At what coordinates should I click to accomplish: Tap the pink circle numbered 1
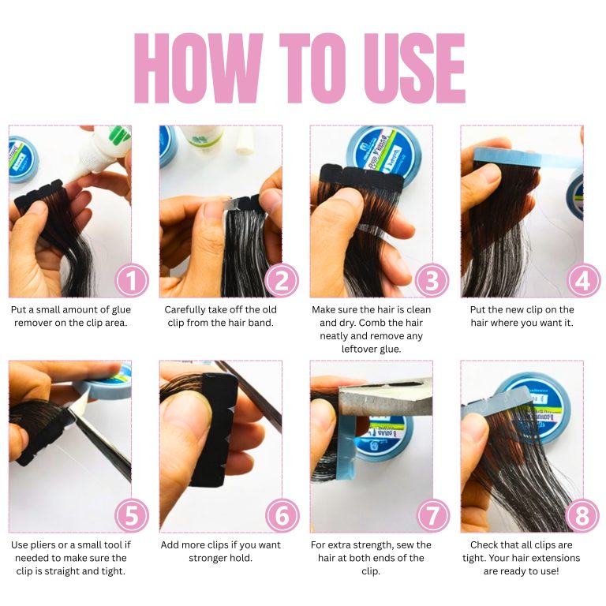tap(132, 281)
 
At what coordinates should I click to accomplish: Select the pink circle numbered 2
tap(282, 281)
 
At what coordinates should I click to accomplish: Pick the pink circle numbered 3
tap(432, 281)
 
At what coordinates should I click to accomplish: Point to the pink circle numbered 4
tap(583, 281)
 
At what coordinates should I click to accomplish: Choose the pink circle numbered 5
tap(132, 515)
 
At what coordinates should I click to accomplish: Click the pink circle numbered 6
tap(282, 515)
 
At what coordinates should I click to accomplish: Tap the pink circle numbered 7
tap(432, 515)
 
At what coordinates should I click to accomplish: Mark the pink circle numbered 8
tap(582, 515)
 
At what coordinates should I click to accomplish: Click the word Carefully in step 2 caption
tap(185, 310)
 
